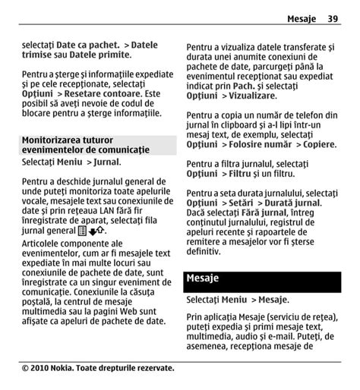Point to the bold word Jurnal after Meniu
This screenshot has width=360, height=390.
(108, 162)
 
